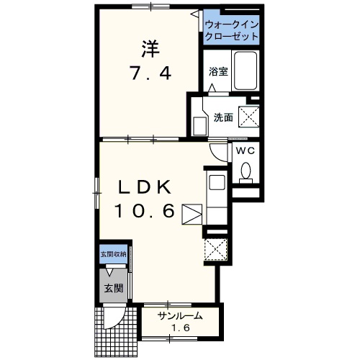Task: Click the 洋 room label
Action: (150, 49)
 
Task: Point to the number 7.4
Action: (150, 73)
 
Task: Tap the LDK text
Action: (145, 187)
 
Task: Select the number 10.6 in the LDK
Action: (145, 210)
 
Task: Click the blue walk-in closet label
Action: (231, 30)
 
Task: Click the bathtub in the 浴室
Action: (246, 71)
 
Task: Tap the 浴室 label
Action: (218, 71)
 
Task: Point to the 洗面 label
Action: (223, 117)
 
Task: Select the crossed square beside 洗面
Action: (249, 117)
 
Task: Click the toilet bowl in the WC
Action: (246, 170)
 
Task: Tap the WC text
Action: (245, 150)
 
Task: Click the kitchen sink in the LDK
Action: (217, 182)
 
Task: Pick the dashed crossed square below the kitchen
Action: (215, 249)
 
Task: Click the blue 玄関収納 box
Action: (113, 254)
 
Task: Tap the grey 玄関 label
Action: (114, 288)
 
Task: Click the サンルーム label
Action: (180, 316)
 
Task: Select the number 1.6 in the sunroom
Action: (180, 328)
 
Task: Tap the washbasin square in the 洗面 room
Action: (200, 126)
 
